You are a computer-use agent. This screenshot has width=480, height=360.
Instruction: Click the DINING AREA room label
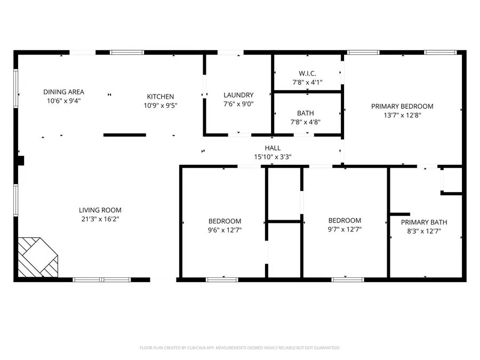(x=63, y=92)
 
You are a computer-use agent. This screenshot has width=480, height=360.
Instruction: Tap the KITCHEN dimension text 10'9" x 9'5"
(x=161, y=106)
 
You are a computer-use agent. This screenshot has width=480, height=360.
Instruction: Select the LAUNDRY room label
(x=238, y=95)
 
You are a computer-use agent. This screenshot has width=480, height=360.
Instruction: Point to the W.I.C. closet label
(x=307, y=74)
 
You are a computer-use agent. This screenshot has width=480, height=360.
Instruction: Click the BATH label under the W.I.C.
(x=306, y=113)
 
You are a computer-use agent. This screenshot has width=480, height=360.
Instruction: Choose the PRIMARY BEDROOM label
(x=402, y=106)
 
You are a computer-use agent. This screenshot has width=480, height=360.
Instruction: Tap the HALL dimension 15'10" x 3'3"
(x=273, y=157)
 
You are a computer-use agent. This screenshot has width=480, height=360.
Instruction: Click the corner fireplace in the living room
(x=37, y=257)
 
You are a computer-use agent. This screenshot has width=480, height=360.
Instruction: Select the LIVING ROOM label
(x=100, y=210)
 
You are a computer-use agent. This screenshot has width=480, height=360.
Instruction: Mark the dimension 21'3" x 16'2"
(x=100, y=219)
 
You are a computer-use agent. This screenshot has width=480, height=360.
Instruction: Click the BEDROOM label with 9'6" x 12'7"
(x=225, y=221)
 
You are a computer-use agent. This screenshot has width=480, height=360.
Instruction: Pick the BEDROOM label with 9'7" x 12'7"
(x=345, y=220)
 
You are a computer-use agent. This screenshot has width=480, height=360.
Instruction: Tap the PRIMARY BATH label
(x=424, y=222)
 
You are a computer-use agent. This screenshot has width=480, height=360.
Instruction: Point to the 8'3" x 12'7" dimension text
(x=424, y=231)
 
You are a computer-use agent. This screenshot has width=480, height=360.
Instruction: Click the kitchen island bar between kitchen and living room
(x=125, y=135)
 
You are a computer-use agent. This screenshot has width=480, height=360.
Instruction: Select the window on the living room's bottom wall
(x=101, y=279)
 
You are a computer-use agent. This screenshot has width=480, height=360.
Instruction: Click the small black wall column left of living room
(x=21, y=161)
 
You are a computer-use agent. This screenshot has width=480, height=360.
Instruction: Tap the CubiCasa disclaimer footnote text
(x=239, y=348)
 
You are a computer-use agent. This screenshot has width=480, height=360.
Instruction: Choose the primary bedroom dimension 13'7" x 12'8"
(x=402, y=115)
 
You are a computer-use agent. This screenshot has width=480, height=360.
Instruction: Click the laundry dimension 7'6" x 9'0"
(x=238, y=104)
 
